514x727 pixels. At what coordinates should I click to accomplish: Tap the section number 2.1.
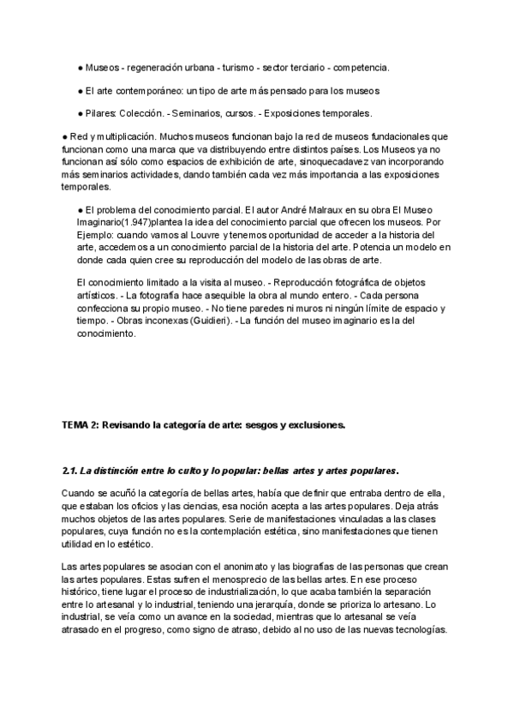click(x=71, y=472)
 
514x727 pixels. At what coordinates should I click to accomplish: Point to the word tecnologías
click(x=420, y=629)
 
